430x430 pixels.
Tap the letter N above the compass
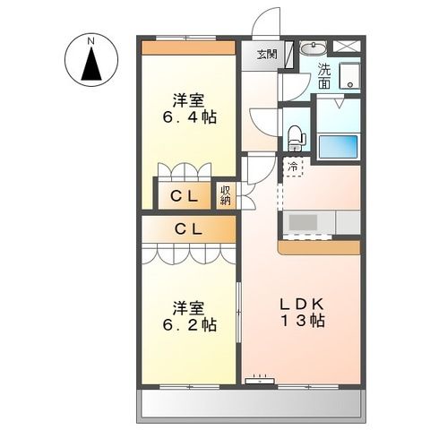[x=90, y=40]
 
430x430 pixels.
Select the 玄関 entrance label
[x=267, y=54]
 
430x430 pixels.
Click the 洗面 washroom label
[x=324, y=77]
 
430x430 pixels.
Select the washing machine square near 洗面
[x=348, y=77]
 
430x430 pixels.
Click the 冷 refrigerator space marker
[x=294, y=165]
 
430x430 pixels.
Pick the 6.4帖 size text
[x=189, y=117]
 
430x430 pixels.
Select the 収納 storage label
[x=226, y=194]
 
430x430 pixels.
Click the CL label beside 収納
[x=185, y=194]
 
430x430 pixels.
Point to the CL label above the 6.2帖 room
[x=188, y=229]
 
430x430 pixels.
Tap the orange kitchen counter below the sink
[x=319, y=246]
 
